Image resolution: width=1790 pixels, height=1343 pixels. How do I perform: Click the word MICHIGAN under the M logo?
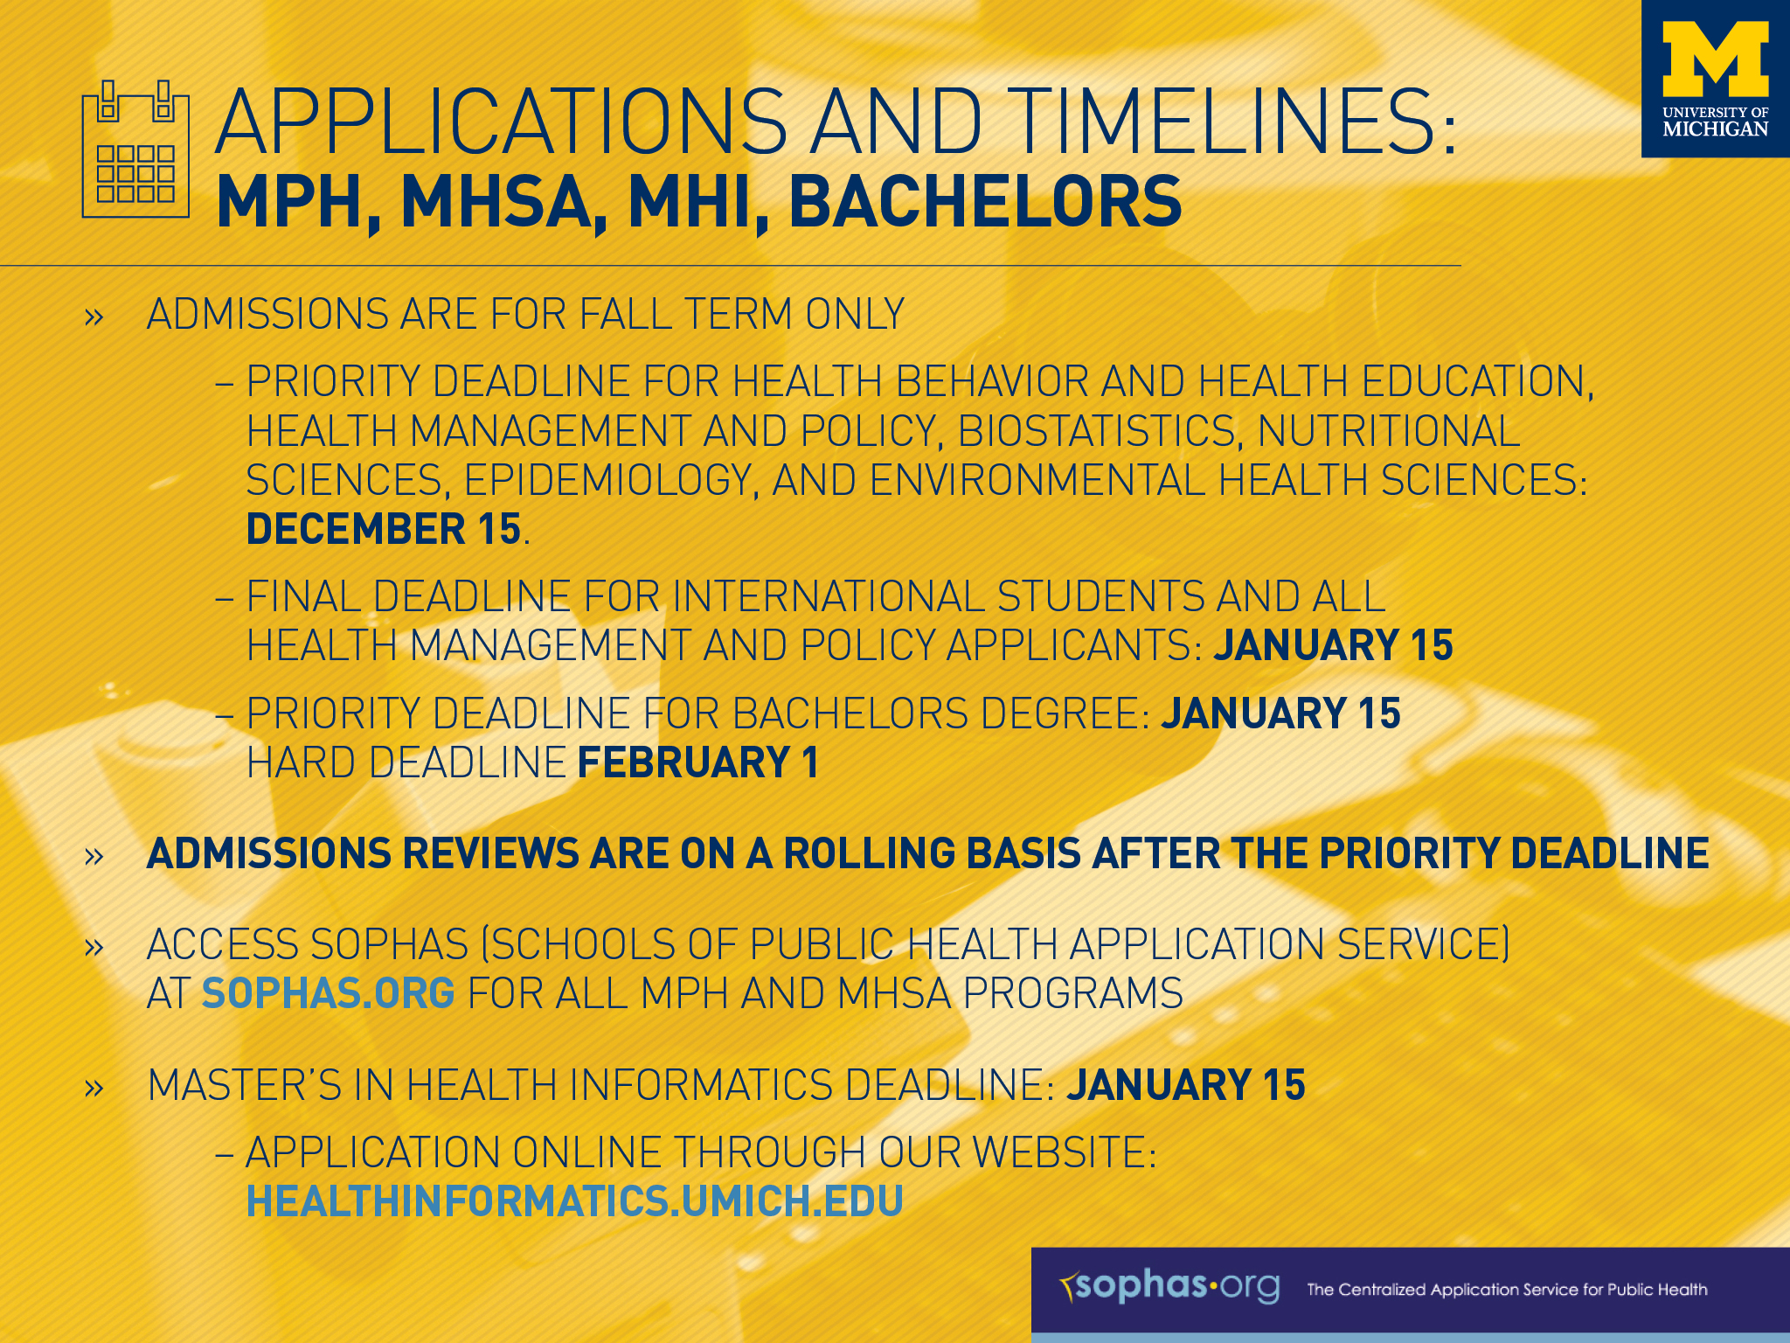coord(1715,129)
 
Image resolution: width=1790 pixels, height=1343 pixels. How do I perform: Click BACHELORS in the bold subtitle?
coord(985,203)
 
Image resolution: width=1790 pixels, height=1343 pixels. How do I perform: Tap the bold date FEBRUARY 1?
coord(697,762)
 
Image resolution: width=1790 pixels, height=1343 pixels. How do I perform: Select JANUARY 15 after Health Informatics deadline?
coord(1185,1085)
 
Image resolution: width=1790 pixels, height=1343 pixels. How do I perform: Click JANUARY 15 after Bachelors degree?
coord(1280,713)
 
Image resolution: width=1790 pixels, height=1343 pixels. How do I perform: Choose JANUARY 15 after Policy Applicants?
coord(1333,646)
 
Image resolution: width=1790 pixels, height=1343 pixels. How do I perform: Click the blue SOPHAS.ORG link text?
coord(328,994)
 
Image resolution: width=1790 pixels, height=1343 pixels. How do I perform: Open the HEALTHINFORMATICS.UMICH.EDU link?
coord(574,1201)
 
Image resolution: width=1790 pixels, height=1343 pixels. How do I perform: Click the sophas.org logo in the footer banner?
coord(1169,1286)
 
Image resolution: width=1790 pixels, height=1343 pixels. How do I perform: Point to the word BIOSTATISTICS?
coord(1097,432)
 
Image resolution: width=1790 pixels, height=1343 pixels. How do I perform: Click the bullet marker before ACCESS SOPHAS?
coord(94,947)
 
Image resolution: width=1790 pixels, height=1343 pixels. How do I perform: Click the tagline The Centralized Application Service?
coord(1506,1290)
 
